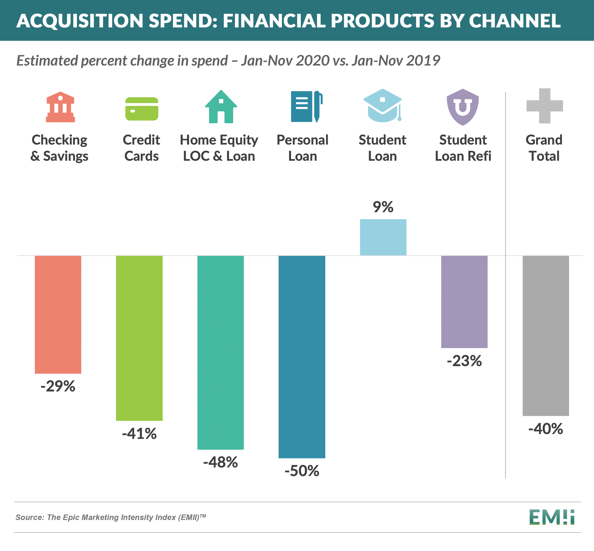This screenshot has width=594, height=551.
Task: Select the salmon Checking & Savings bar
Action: coord(58,314)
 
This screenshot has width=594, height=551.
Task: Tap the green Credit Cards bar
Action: coord(139,338)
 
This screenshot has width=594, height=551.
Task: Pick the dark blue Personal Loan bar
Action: coord(302,357)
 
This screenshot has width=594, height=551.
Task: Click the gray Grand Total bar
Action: coord(546,335)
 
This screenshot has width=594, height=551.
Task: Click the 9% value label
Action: coord(383,207)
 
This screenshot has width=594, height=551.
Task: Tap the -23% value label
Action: coord(464,361)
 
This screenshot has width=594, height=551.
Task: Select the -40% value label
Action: coord(546,429)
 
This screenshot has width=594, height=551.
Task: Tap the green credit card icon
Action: coord(142,109)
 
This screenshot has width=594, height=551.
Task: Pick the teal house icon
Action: coord(221,107)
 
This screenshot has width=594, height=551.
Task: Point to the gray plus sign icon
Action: coord(544,106)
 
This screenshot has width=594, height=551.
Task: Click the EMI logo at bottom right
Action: coord(552,517)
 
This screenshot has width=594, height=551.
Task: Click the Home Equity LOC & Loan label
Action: coord(219,148)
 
